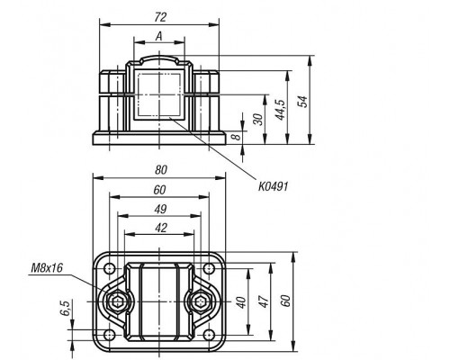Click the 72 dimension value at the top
(160, 17)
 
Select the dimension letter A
(159, 36)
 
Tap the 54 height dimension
(302, 102)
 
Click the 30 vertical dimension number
(258, 120)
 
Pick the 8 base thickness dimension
(237, 137)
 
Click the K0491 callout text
(274, 186)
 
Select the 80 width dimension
(161, 170)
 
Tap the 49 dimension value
(160, 209)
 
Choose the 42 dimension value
(161, 228)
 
